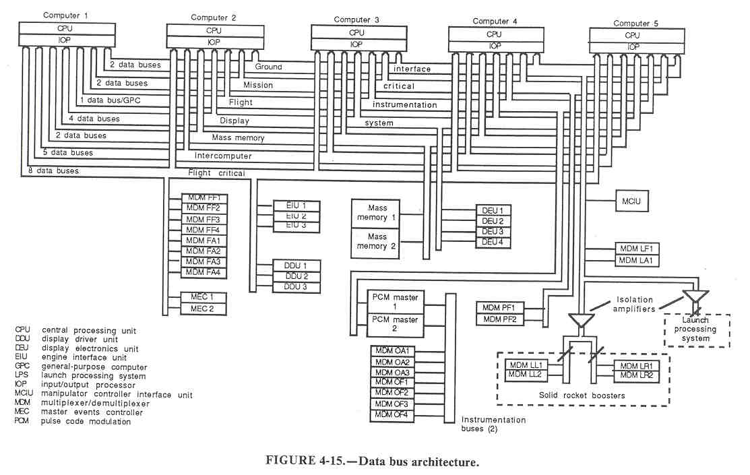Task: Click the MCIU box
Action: tap(631, 200)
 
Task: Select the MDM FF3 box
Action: tap(204, 219)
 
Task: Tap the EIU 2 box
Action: tap(296, 216)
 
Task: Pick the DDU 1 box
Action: tap(296, 265)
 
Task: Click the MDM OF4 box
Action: tap(392, 414)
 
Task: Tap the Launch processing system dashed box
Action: tap(695, 329)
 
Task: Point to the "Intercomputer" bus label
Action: tap(222, 156)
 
